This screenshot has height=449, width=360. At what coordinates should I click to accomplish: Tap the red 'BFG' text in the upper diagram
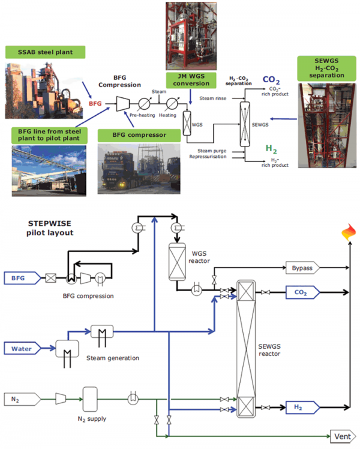(95, 104)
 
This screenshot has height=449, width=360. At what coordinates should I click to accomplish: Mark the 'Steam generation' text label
(113, 358)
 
